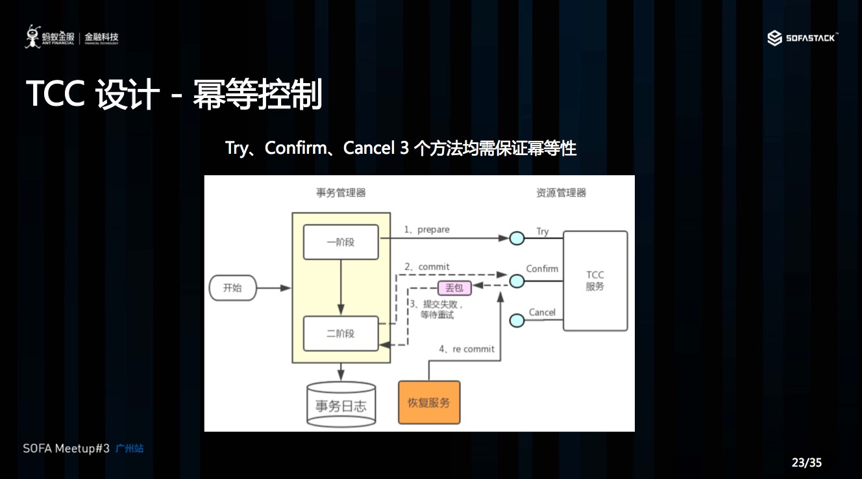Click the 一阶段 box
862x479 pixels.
tap(341, 242)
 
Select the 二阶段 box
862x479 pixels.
tap(341, 334)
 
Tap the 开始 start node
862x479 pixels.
tap(232, 288)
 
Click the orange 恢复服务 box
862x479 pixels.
tap(428, 402)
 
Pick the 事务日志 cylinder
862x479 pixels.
tap(341, 405)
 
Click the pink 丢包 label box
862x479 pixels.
tap(454, 288)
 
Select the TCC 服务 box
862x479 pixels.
tap(595, 280)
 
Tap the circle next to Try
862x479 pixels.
tap(517, 238)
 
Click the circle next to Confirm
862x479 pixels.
tap(517, 280)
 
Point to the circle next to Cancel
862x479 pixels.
tap(517, 321)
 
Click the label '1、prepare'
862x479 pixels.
tap(426, 230)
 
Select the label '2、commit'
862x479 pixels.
tap(426, 267)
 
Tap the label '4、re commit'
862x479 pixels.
tap(466, 349)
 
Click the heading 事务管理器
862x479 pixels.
tap(341, 192)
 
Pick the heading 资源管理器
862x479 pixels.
tap(561, 192)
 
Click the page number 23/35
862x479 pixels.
tap(806, 463)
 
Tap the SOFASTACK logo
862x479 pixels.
tap(802, 38)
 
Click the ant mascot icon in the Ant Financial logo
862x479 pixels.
tap(32, 37)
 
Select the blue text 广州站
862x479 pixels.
tap(129, 448)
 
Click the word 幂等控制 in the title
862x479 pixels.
tap(257, 95)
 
